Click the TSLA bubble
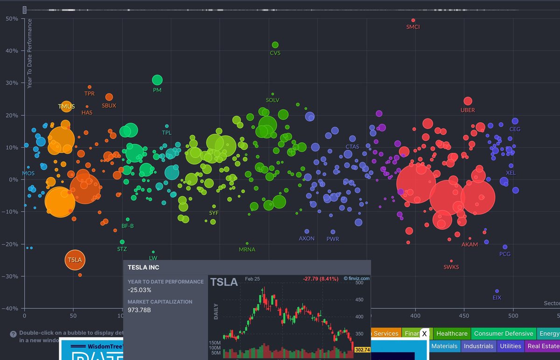tap(75, 260)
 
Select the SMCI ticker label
tap(413, 27)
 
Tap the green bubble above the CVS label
tap(275, 45)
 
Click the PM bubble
tap(157, 80)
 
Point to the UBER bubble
tap(468, 101)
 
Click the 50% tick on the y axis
tap(12, 19)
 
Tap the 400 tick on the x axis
tap(415, 316)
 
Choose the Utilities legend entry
tap(511, 346)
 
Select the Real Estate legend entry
tap(543, 346)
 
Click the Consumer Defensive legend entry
tap(503, 333)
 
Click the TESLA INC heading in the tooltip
tap(143, 268)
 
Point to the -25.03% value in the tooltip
tap(140, 290)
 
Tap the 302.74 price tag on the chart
tap(362, 350)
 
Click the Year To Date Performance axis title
tap(29, 54)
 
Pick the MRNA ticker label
tap(247, 249)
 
